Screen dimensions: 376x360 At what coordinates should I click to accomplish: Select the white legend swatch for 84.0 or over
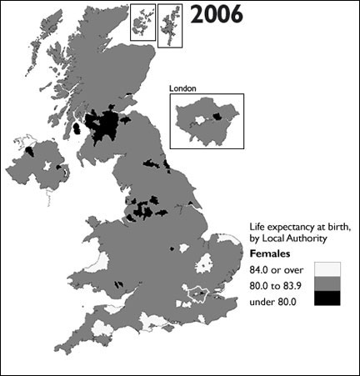click(x=327, y=268)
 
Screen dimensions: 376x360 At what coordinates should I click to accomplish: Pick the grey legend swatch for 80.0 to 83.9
click(x=327, y=283)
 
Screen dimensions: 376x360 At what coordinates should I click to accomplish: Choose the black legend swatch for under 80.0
click(x=327, y=298)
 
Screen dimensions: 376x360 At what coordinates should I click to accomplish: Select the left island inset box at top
click(x=142, y=21)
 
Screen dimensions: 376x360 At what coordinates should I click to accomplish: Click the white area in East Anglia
click(x=207, y=266)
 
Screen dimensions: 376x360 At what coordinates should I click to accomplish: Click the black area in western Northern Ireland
click(x=30, y=151)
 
